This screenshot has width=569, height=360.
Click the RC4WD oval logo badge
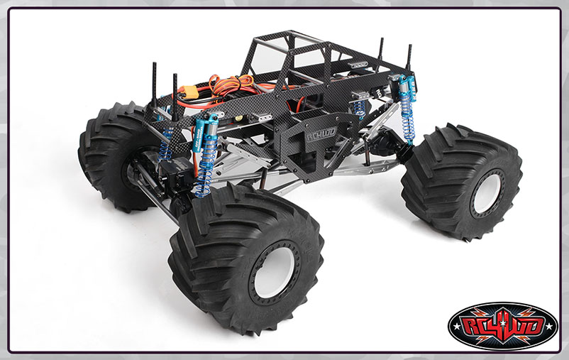pyautogui.click(x=502, y=326)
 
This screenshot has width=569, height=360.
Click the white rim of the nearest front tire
pyautogui.click(x=274, y=272)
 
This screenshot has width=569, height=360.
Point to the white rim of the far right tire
pyautogui.click(x=487, y=193)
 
